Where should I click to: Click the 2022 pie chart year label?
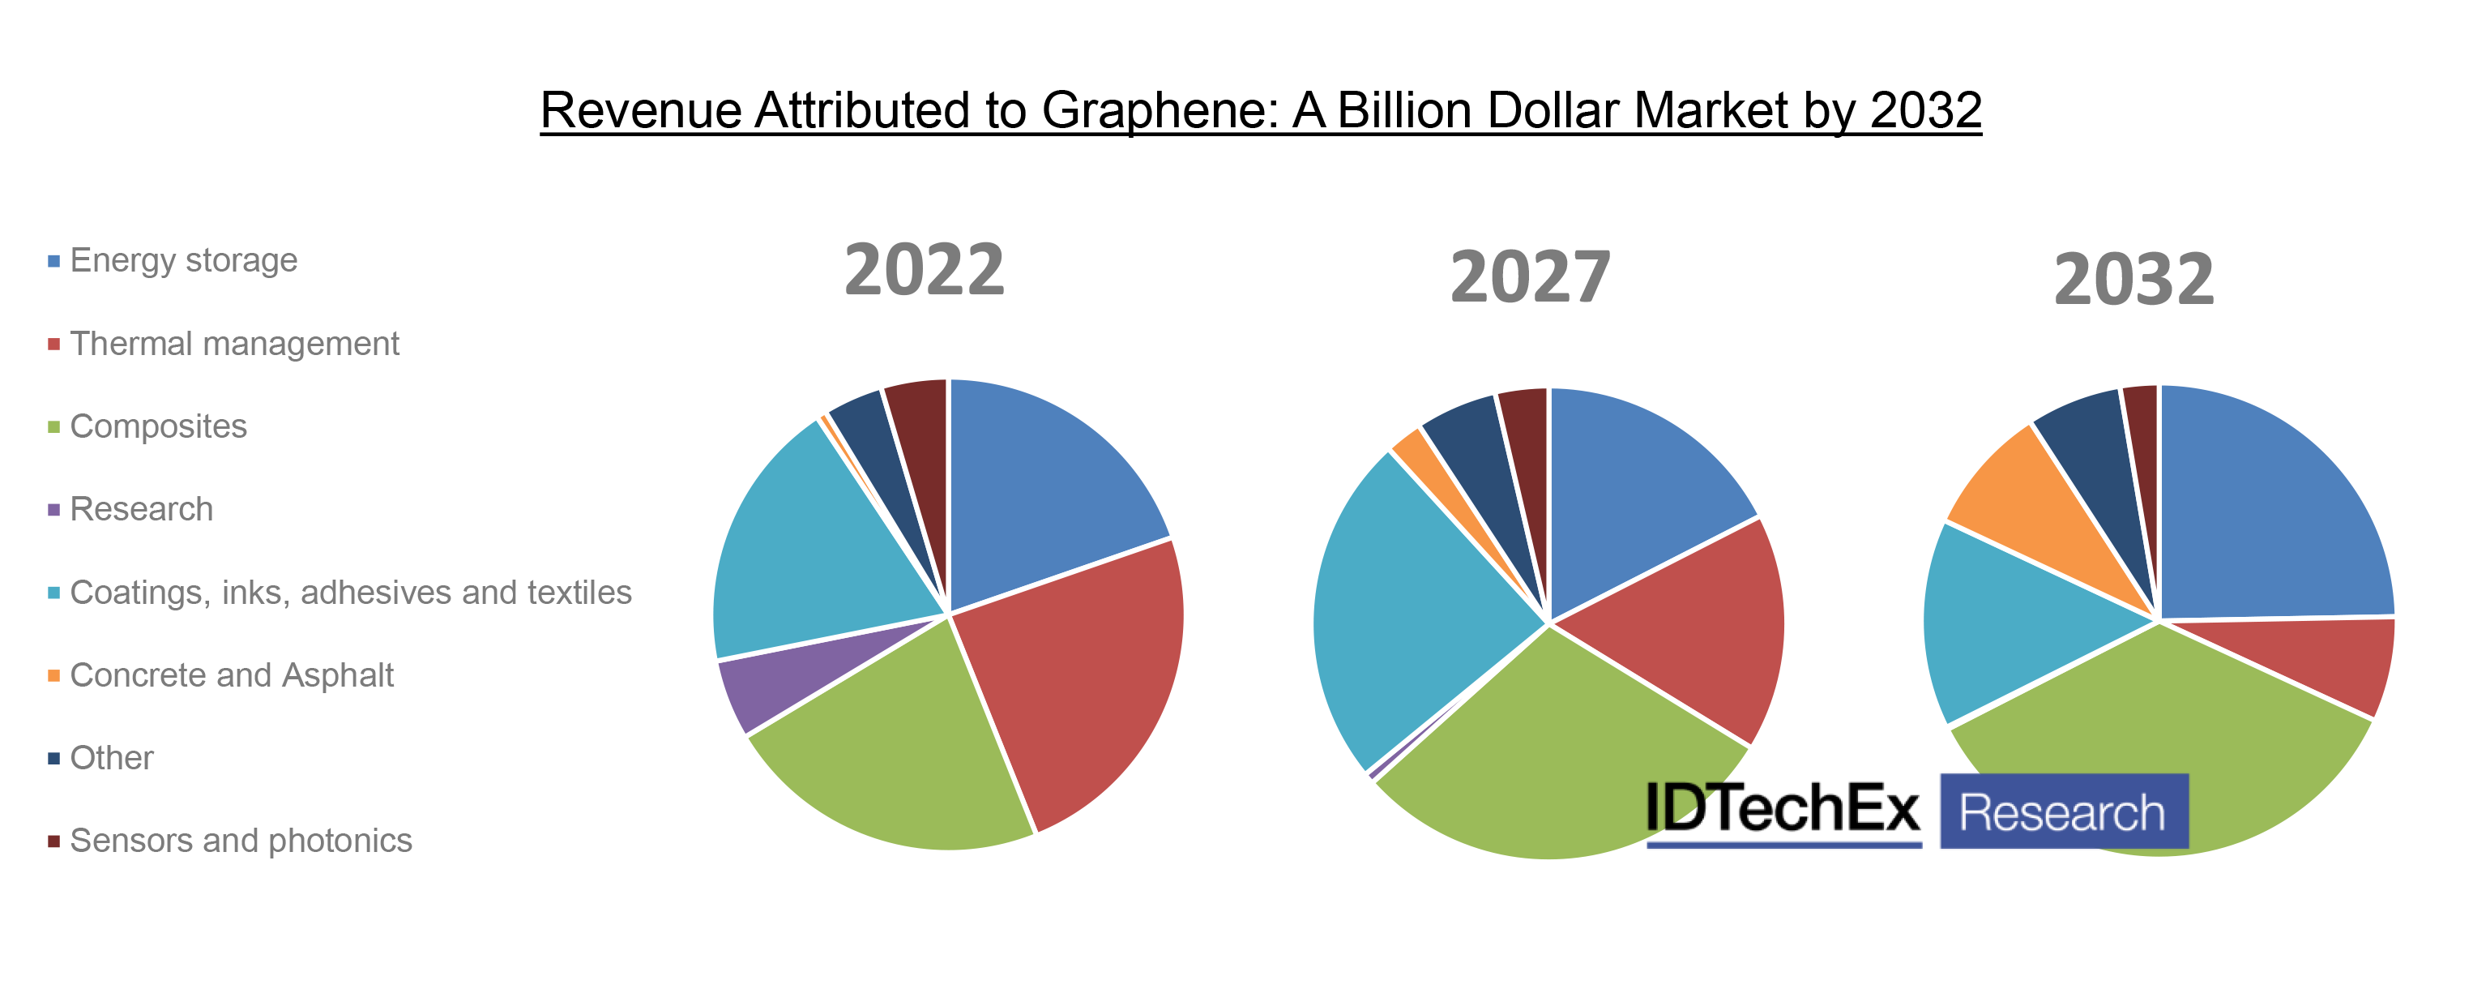924,270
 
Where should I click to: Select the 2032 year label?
2133,280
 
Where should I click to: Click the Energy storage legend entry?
182,260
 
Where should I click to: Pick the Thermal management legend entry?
233,344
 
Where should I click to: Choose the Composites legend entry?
157,426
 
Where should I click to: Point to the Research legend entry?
141,509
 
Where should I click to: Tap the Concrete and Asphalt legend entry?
232,675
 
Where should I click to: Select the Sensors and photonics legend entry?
240,840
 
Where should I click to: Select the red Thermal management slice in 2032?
2323,662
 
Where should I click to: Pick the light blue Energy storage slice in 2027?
1632,480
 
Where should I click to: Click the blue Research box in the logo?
2063,812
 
